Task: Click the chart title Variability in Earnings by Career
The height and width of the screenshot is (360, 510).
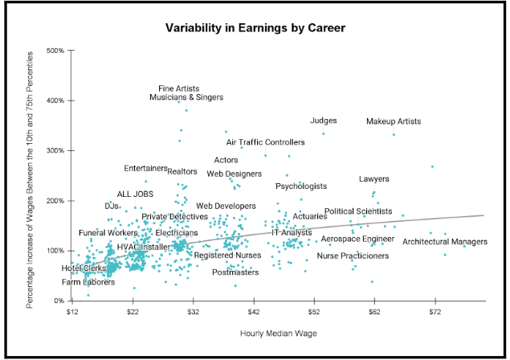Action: click(x=255, y=28)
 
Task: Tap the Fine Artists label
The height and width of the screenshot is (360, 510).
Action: click(x=179, y=88)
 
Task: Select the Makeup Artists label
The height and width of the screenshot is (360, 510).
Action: click(x=394, y=121)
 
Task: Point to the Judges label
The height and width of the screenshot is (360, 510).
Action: click(x=324, y=121)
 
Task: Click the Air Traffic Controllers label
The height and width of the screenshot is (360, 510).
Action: click(x=266, y=142)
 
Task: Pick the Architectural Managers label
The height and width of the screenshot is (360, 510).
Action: click(x=445, y=242)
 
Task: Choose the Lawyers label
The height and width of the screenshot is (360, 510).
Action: click(x=374, y=178)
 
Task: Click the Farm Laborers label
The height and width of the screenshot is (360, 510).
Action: click(x=88, y=282)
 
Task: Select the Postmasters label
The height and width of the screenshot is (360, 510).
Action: click(x=235, y=272)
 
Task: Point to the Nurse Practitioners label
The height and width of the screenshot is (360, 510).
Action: click(x=353, y=256)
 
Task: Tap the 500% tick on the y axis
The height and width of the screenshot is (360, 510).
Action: click(x=55, y=51)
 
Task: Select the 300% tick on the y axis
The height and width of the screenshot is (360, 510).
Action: click(x=55, y=150)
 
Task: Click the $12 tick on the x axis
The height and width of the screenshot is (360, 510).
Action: click(x=72, y=310)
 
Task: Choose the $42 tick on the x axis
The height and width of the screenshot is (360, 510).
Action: click(x=253, y=310)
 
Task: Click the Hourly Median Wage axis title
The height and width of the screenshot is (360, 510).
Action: click(x=279, y=333)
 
